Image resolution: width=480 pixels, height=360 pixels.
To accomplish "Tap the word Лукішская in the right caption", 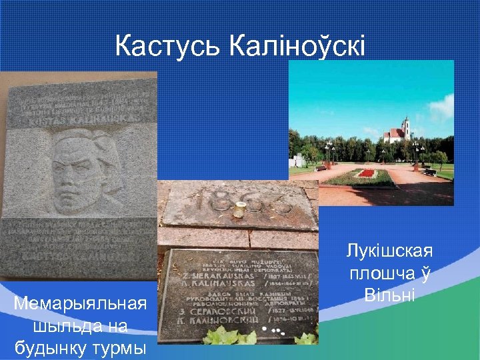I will click(390, 251).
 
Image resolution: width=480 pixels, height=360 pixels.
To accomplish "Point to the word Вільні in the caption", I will click(390, 294).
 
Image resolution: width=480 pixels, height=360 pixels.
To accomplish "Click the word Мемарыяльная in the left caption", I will click(80, 305).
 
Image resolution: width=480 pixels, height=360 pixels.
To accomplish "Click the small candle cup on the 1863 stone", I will click(238, 212).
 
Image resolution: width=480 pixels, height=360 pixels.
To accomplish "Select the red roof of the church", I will click(393, 133).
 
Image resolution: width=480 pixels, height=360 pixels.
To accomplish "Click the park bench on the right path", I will click(430, 172).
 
